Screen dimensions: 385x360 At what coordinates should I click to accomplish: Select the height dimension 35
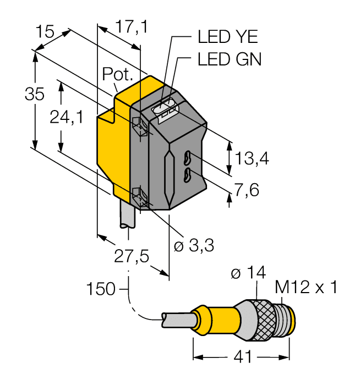coord(34,94)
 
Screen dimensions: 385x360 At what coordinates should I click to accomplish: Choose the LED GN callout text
coord(229,59)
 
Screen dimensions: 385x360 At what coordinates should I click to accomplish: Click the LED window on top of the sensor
coord(165,107)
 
